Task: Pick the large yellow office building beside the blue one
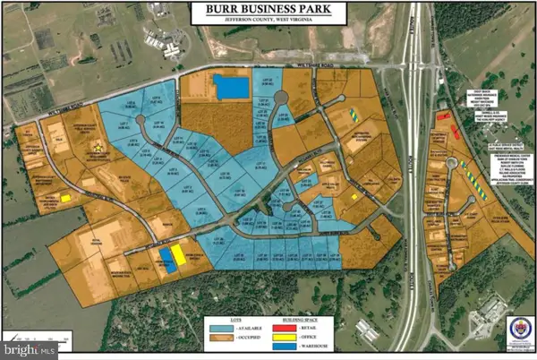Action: click(x=179, y=255)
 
